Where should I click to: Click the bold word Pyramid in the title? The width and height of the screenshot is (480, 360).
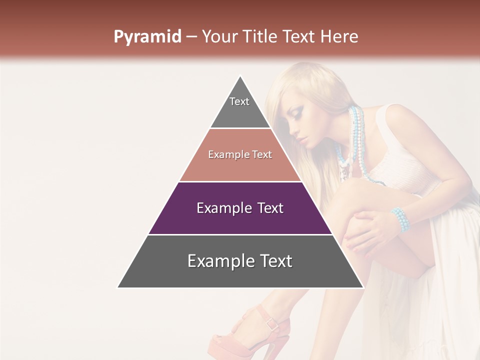point(147,37)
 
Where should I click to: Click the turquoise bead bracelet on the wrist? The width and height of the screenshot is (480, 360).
point(400,220)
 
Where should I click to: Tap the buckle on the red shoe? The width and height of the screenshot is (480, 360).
point(272,324)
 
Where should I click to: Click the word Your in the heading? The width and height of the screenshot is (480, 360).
point(220,37)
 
